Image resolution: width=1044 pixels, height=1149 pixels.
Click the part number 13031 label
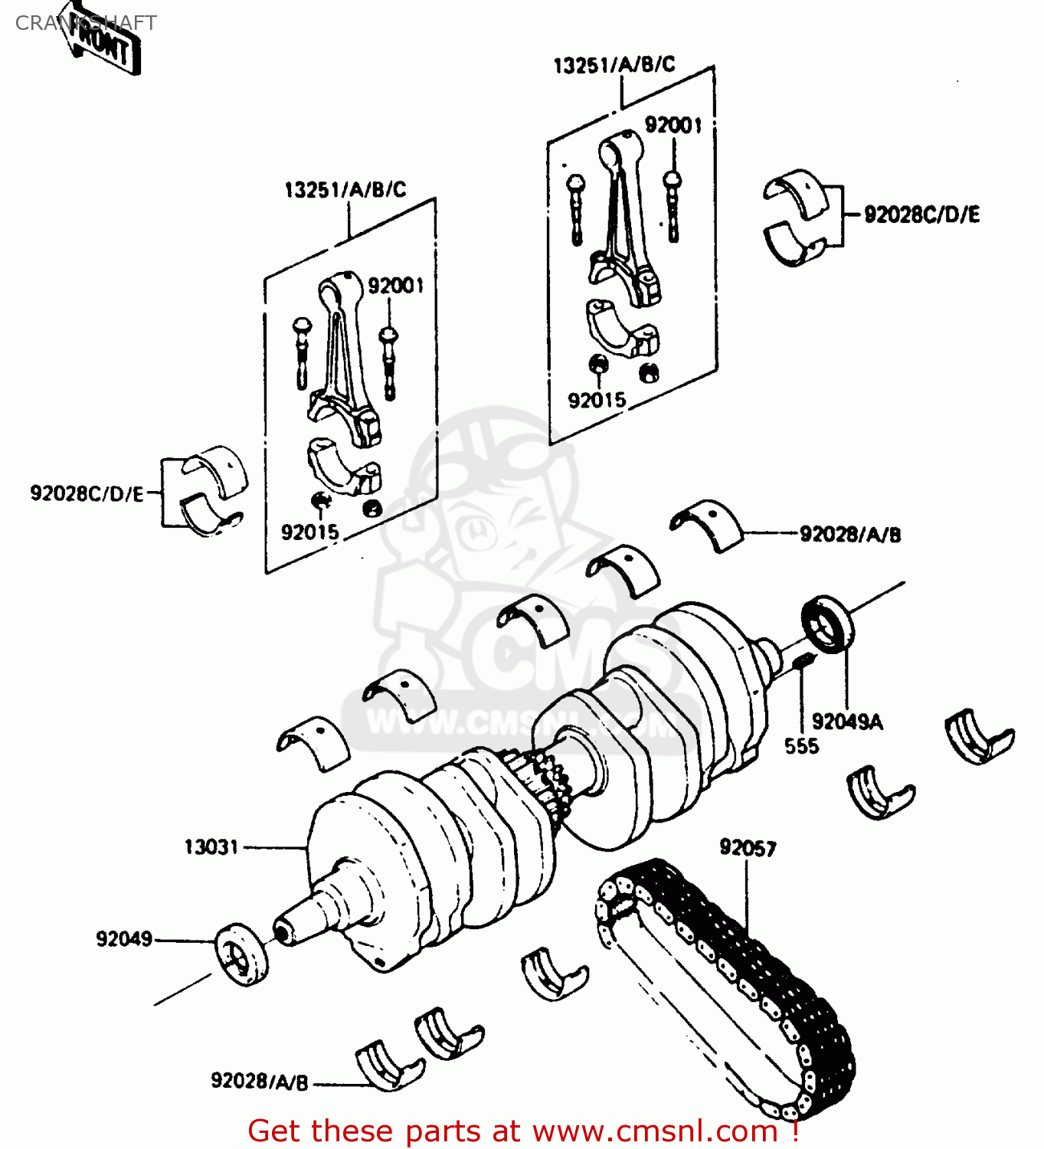coord(211,847)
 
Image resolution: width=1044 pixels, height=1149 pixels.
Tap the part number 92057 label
coord(748,848)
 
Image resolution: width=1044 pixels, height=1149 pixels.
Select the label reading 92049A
coord(847,722)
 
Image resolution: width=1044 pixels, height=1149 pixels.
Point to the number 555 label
coord(801,746)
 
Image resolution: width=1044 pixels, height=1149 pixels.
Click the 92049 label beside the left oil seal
coord(124,939)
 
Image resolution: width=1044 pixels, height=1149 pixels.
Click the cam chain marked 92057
coord(728,988)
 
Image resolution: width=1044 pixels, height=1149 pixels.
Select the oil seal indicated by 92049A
coord(827,624)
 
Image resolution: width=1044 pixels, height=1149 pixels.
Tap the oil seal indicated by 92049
coord(241,954)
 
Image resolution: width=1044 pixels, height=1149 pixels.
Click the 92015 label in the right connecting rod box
coord(597,400)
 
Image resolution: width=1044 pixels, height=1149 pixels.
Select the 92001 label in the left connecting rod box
coord(395,286)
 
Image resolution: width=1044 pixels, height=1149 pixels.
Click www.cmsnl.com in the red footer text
coord(655,1131)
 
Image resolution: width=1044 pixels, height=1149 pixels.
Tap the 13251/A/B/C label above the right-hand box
coord(614,65)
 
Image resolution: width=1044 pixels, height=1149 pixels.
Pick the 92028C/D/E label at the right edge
coord(921,214)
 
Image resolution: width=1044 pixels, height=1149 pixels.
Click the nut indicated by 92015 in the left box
coord(322,502)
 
